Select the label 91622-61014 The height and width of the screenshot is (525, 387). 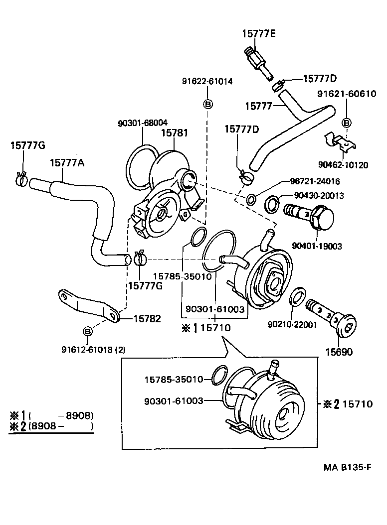(x=208, y=81)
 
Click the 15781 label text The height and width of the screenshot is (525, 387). (x=174, y=133)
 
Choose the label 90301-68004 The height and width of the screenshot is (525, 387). (x=143, y=122)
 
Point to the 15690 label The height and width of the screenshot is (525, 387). (x=339, y=352)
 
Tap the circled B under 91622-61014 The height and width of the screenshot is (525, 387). (x=208, y=104)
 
